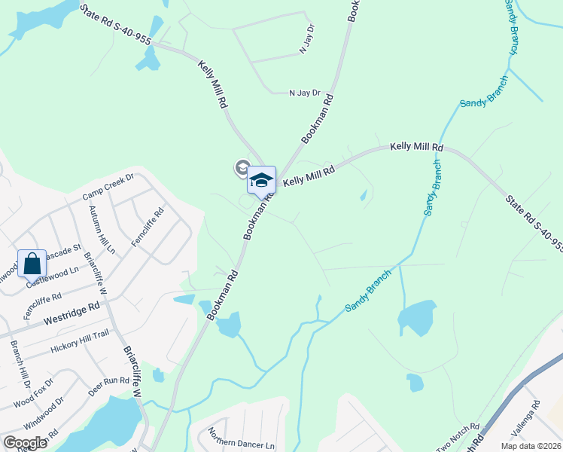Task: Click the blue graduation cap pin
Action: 261,181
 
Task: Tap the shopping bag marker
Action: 32,264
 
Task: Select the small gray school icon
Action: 242,167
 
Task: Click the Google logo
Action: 25,443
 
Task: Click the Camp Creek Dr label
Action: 108,187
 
